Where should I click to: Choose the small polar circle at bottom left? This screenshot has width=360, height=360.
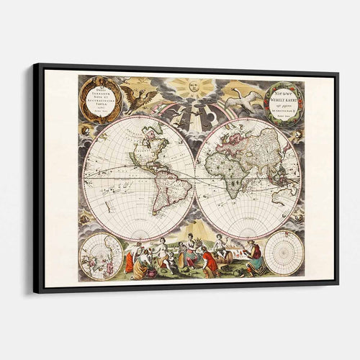pos(101,256)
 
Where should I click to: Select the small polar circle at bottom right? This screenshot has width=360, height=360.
pos(284,253)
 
